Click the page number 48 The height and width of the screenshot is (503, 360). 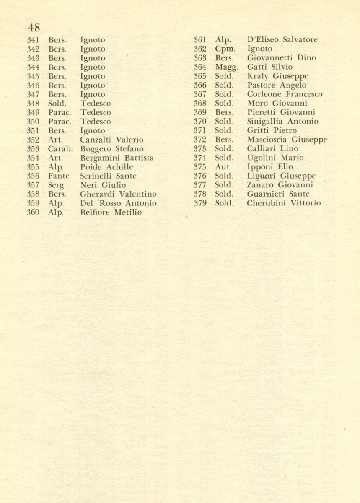[34, 28]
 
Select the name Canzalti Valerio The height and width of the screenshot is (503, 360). [112, 140]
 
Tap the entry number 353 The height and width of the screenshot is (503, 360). [33, 149]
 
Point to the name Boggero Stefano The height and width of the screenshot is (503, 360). [112, 149]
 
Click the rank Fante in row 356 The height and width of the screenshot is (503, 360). [59, 176]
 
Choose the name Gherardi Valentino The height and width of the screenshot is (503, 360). [119, 194]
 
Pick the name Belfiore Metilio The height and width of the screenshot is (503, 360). [111, 213]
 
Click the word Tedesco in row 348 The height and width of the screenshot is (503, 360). [96, 104]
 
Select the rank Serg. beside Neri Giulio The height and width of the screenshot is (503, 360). [57, 185]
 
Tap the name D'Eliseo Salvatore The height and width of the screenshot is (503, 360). [282, 40]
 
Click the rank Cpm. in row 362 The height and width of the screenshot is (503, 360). [225, 49]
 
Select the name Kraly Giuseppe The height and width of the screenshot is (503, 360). [278, 76]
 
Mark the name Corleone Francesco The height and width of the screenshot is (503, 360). [285, 94]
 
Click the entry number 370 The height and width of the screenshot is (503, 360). [200, 122]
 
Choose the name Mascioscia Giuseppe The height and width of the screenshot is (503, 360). [287, 140]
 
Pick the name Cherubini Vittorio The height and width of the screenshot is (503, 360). [284, 203]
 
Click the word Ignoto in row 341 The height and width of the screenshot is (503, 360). [93, 40]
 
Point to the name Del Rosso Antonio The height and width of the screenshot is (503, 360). [119, 203]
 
